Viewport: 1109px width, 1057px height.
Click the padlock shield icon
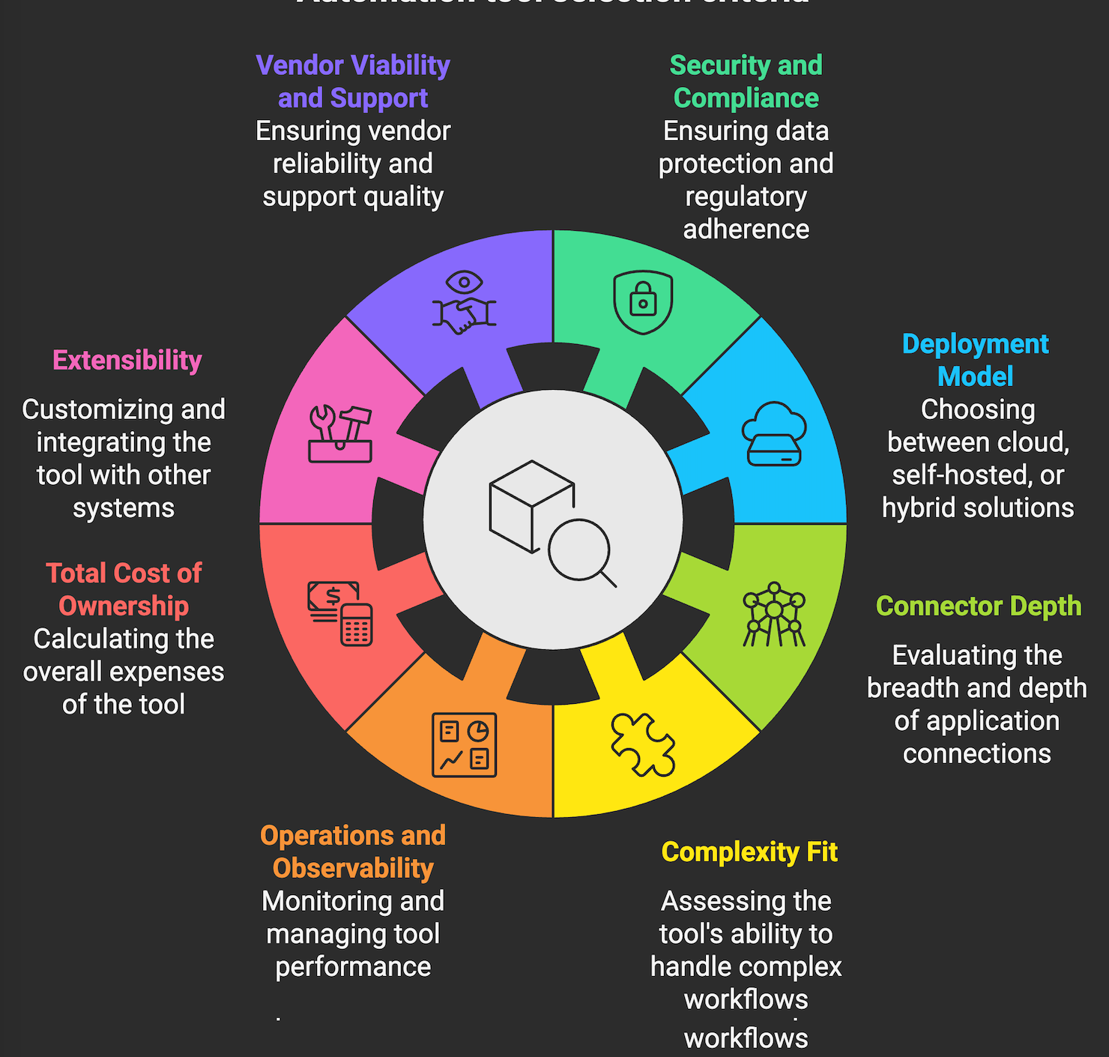tap(643, 301)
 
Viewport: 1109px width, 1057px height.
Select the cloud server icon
tap(774, 434)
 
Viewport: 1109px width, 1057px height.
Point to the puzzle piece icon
tap(643, 744)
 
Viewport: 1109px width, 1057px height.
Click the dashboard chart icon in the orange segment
tap(465, 744)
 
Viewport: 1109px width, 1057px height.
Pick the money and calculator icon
tap(340, 613)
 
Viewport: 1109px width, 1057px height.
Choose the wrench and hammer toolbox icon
tap(340, 434)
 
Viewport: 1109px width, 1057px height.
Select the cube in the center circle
tap(531, 504)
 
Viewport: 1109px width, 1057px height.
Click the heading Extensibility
tap(127, 361)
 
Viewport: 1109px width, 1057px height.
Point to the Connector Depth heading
tap(979, 606)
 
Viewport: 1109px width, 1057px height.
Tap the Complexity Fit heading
tap(749, 852)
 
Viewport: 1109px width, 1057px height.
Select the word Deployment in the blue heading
tap(976, 344)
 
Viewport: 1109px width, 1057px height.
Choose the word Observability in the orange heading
tap(353, 868)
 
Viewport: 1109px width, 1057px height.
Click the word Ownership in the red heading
tap(124, 606)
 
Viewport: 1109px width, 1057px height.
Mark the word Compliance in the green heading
tap(746, 98)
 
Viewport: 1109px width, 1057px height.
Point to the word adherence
tap(746, 229)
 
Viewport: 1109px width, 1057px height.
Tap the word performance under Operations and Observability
tap(353, 966)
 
